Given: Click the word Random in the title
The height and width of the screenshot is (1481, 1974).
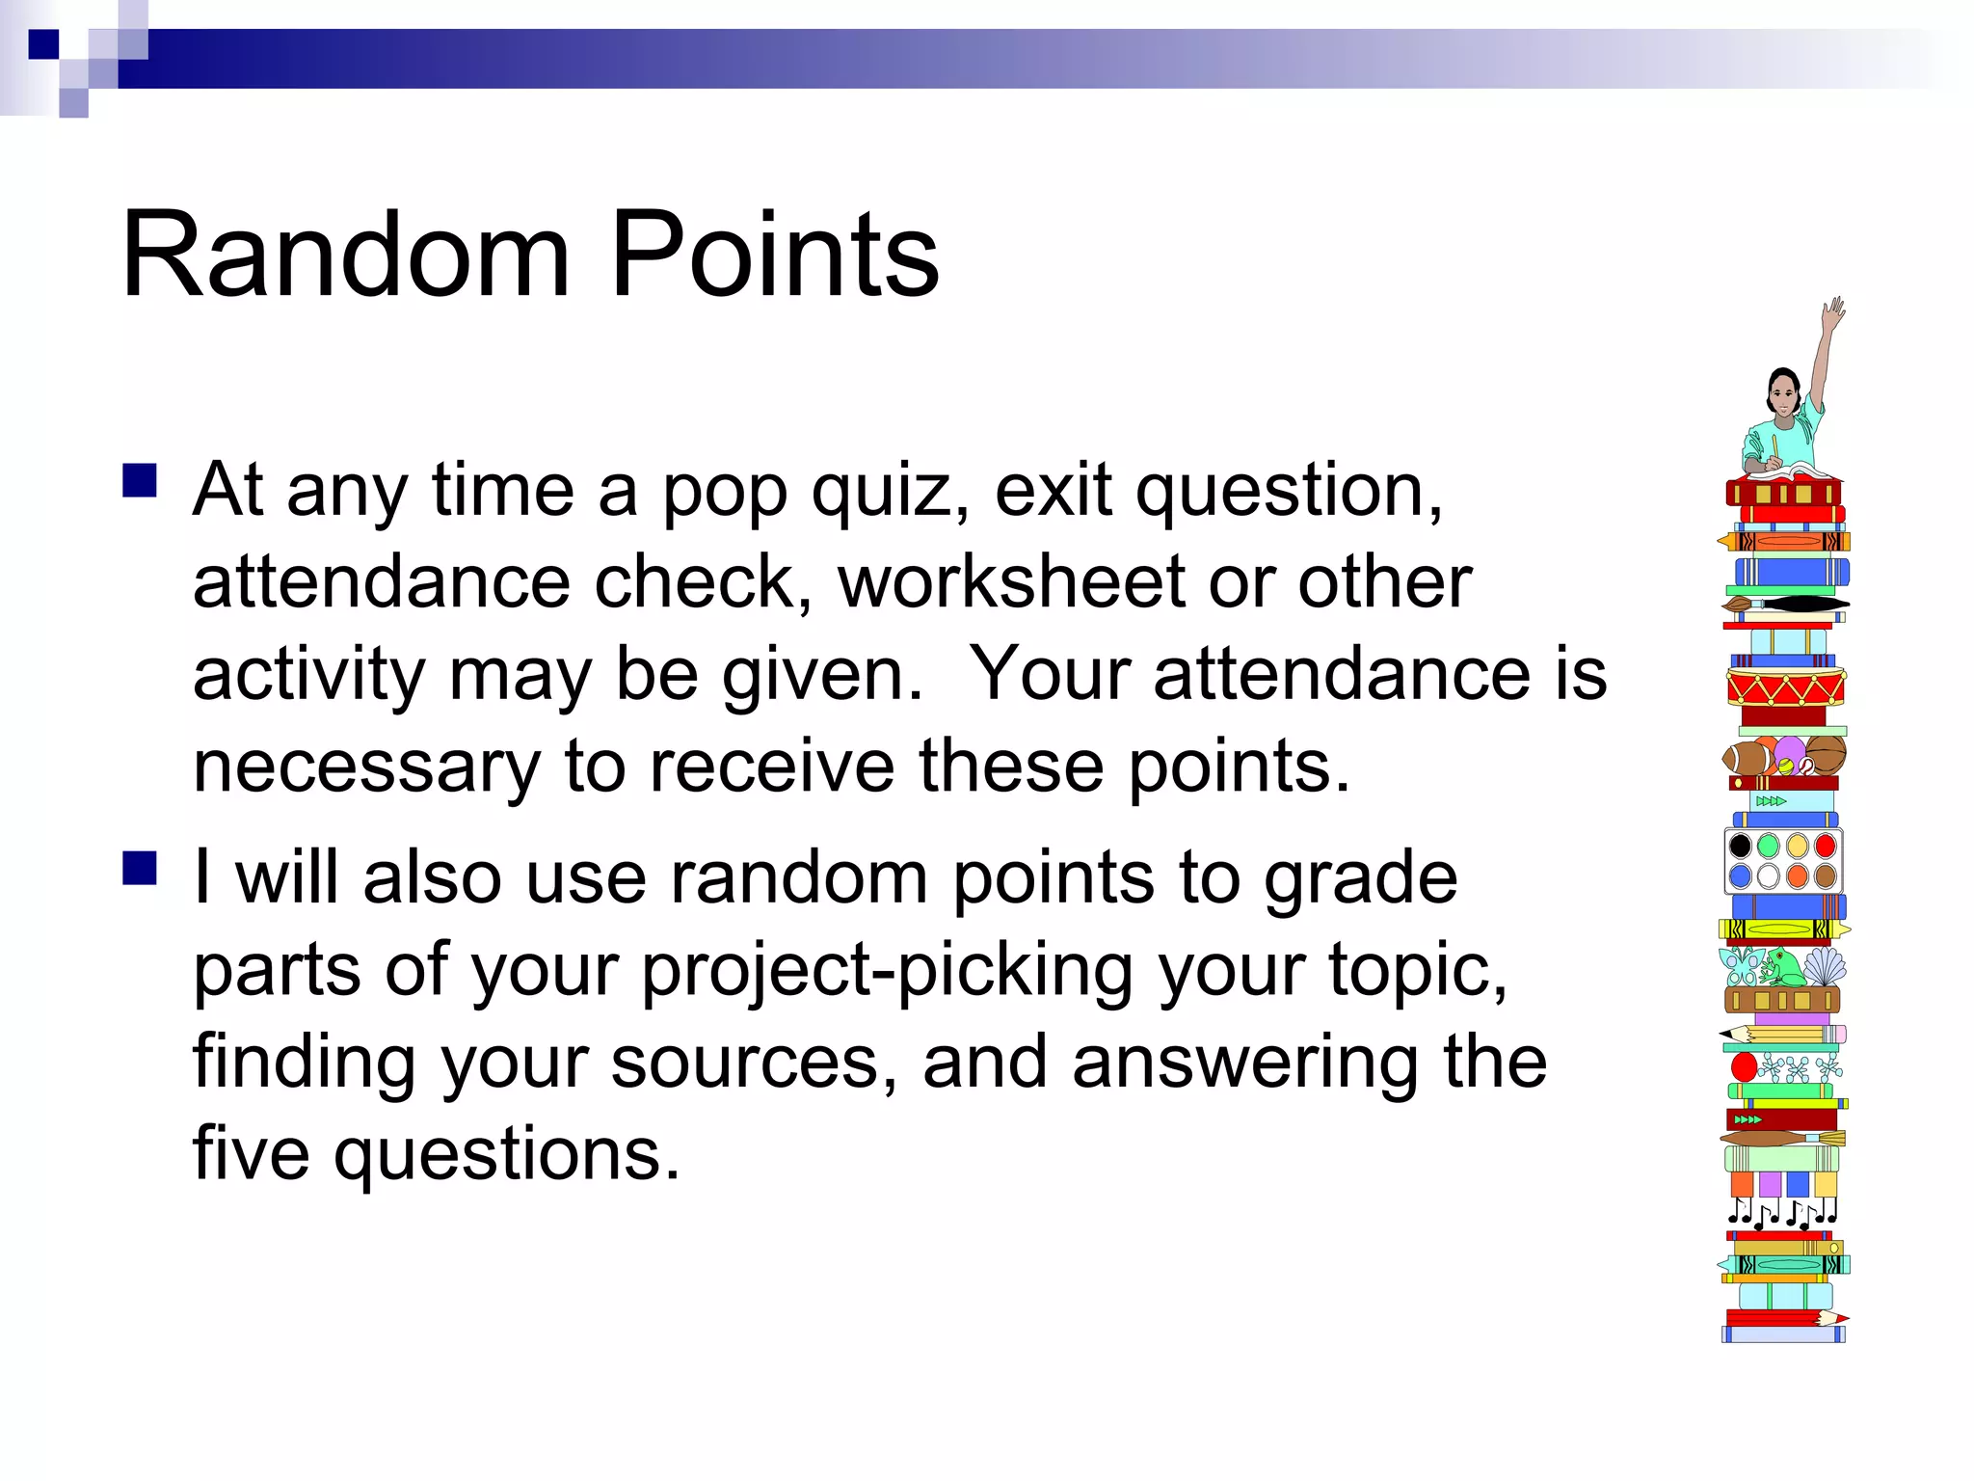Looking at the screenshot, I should click(347, 255).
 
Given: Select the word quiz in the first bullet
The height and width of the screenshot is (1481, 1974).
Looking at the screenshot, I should click(891, 492).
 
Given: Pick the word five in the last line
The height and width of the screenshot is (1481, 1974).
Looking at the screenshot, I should click(251, 1153).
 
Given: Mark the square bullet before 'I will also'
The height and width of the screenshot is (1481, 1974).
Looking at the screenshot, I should click(141, 868).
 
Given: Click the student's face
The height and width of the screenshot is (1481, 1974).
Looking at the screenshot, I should click(1784, 396).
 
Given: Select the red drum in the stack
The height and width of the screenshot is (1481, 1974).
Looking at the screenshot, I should click(1785, 687).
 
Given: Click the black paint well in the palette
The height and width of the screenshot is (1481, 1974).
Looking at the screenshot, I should click(1741, 847).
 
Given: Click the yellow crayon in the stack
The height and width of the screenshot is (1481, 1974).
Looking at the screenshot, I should click(1783, 929).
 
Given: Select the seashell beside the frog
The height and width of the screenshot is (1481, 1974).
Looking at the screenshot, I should click(1824, 966).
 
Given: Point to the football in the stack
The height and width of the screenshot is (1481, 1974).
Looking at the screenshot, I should click(1747, 758).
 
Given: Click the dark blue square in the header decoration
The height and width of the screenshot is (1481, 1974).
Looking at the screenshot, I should click(43, 44).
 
